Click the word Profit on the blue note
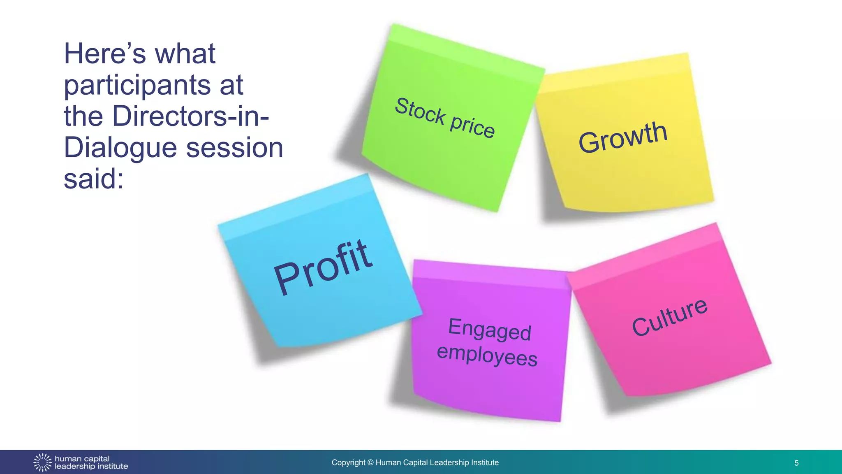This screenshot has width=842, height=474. point(323,267)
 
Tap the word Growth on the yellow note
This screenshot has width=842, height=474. point(622,137)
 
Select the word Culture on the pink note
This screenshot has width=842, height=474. point(670,316)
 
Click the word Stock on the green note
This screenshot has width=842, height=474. point(420,111)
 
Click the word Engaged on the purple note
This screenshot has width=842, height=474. point(490,330)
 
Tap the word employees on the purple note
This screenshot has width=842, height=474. point(487,355)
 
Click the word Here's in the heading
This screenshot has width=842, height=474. point(105,54)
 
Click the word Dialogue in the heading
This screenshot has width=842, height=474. point(120,148)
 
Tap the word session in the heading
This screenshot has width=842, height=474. point(234,148)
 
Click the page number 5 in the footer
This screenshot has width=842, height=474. point(796,463)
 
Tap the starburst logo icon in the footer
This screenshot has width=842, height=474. point(42,462)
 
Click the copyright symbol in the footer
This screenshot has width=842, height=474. point(370,463)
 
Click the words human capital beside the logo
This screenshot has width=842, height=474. point(82,459)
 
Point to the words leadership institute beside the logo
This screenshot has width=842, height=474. point(91,467)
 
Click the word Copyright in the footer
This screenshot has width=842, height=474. point(348,462)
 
